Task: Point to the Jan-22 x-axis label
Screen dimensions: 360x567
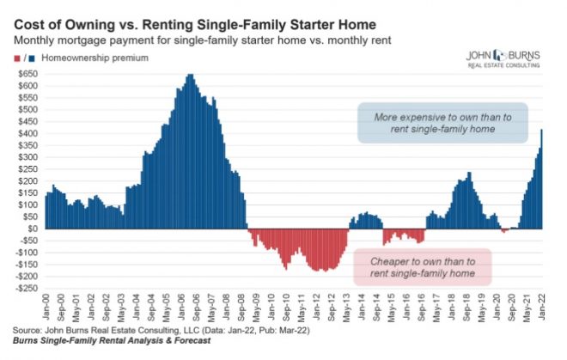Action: [x=543, y=306]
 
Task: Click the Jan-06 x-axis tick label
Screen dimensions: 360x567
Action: [x=183, y=306]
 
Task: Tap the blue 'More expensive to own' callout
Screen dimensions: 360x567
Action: [x=442, y=124]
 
